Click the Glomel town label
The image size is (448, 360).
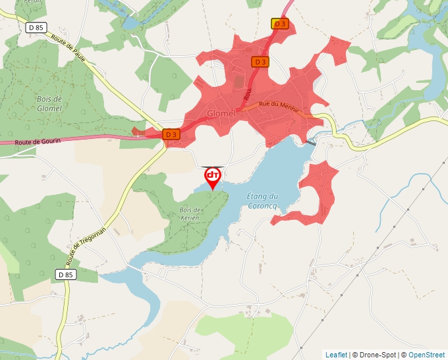point(221,113)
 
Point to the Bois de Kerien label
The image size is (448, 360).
point(190,213)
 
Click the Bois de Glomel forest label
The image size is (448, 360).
point(49,103)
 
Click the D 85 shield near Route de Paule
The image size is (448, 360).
point(36,28)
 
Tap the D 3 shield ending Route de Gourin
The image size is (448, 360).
point(171,134)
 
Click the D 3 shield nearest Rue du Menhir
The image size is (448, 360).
point(260,62)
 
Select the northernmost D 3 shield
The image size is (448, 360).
point(280,24)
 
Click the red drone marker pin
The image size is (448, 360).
point(213,177)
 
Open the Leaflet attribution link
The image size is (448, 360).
point(336,355)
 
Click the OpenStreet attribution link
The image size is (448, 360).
point(426,355)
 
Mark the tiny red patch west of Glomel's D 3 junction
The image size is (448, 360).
point(138,132)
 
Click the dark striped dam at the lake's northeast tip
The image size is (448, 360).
point(311,142)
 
